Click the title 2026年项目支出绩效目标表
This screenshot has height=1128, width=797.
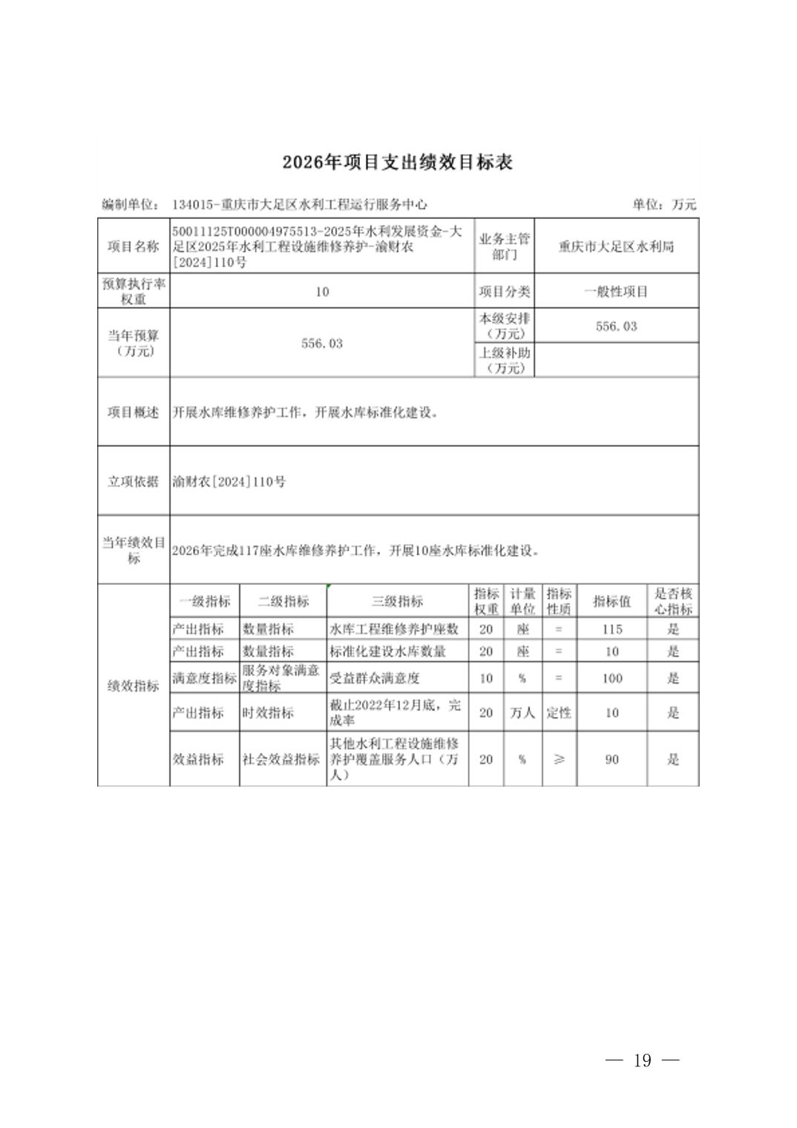[x=397, y=163]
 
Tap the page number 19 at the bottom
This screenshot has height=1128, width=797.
[x=642, y=1060]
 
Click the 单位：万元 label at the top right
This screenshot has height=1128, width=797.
[x=663, y=204]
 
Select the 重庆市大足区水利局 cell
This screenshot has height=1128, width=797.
[x=616, y=246]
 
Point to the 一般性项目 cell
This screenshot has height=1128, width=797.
[x=616, y=292]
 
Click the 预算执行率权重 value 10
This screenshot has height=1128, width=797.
[x=321, y=292]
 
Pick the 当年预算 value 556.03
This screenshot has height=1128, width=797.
[x=321, y=344]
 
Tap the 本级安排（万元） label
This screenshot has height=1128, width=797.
[x=504, y=326]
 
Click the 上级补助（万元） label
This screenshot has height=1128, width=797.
[x=504, y=360]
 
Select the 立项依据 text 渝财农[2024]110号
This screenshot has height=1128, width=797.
[x=229, y=482]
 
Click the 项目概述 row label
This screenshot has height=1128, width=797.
[x=134, y=412]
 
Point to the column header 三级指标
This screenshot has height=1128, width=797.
[x=397, y=601]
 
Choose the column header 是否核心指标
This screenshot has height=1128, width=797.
[x=672, y=601]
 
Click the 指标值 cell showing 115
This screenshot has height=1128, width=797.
[x=611, y=629]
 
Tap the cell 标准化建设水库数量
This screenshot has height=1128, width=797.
[x=387, y=652]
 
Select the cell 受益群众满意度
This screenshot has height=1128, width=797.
[x=375, y=678]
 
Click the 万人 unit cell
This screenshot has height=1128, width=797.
[x=522, y=712]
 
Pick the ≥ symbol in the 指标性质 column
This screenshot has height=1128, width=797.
[x=559, y=759]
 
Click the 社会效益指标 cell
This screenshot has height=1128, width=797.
[x=281, y=759]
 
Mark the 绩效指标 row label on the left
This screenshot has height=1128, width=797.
[x=134, y=686]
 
